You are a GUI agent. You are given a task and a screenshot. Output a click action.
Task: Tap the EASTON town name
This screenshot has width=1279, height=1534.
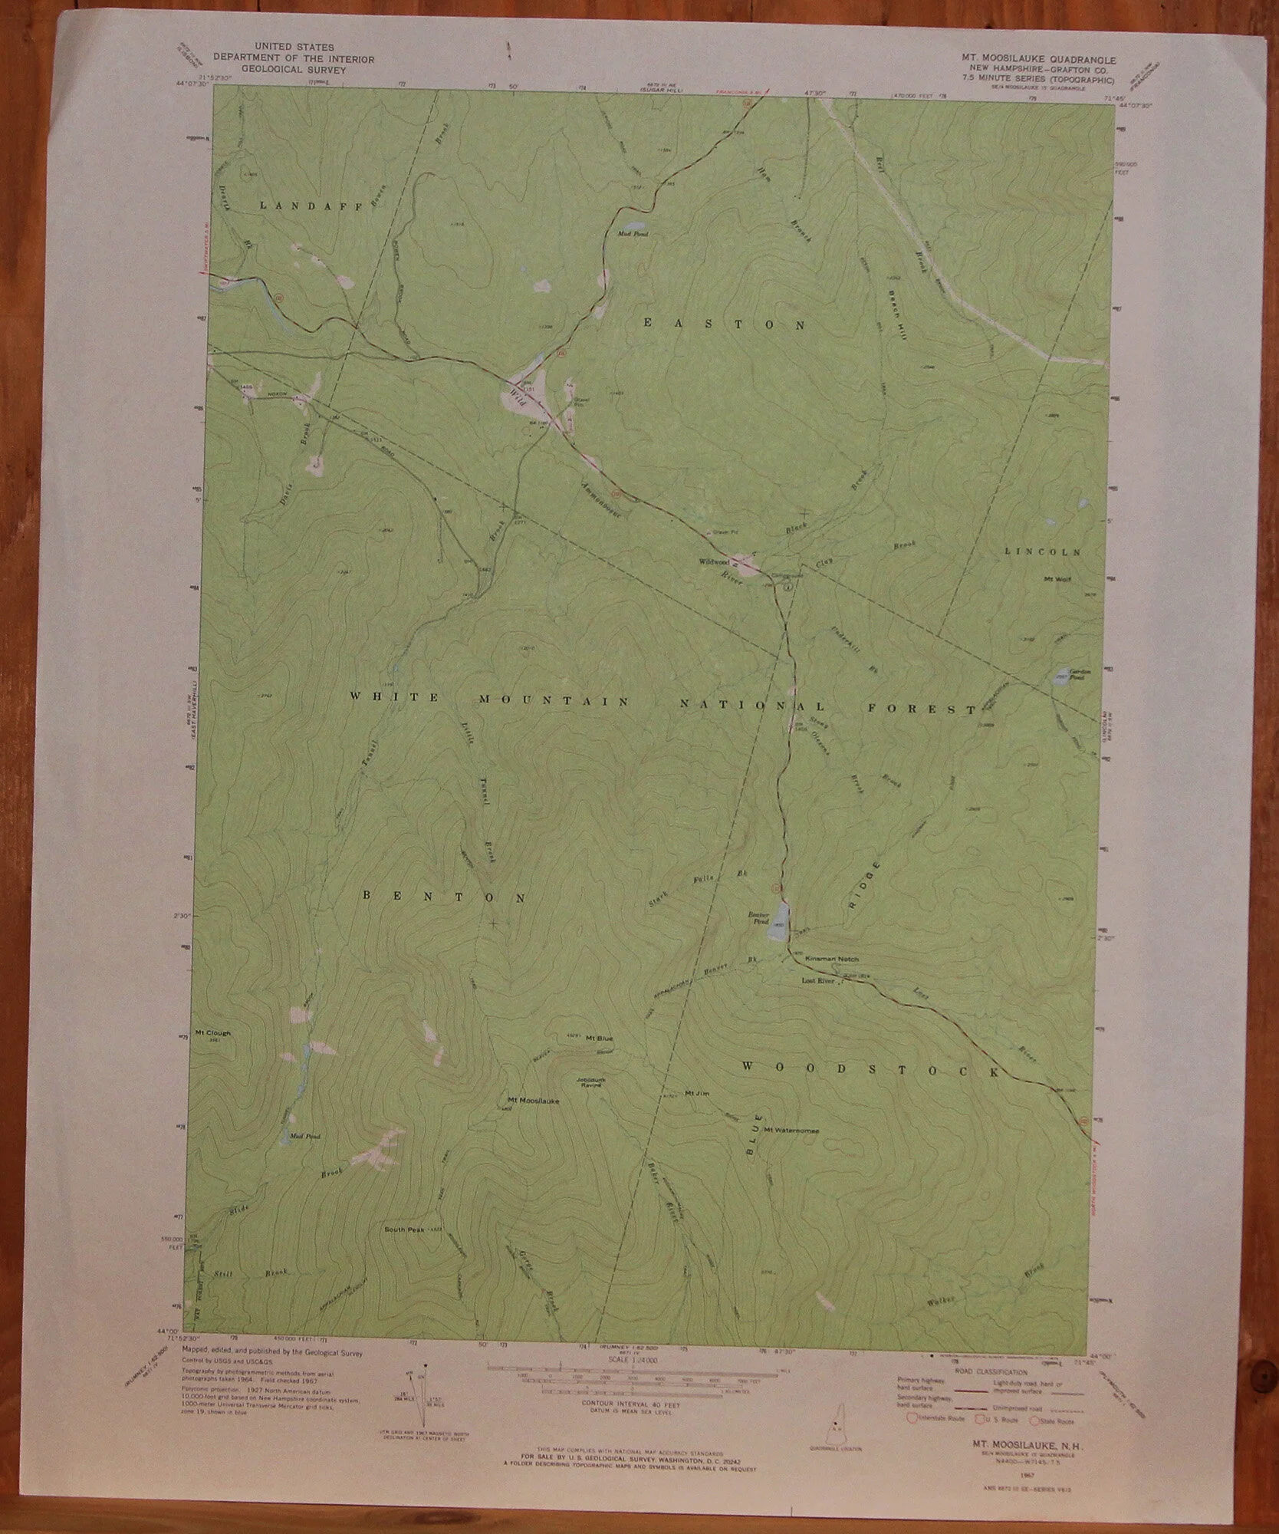pos(724,324)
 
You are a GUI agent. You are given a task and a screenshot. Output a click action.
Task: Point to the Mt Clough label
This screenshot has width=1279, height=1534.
pos(213,1032)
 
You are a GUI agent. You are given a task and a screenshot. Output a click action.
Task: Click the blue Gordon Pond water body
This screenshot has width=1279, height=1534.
pos(1061,676)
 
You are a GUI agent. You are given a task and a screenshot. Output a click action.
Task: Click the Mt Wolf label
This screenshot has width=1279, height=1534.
pos(1057,579)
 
